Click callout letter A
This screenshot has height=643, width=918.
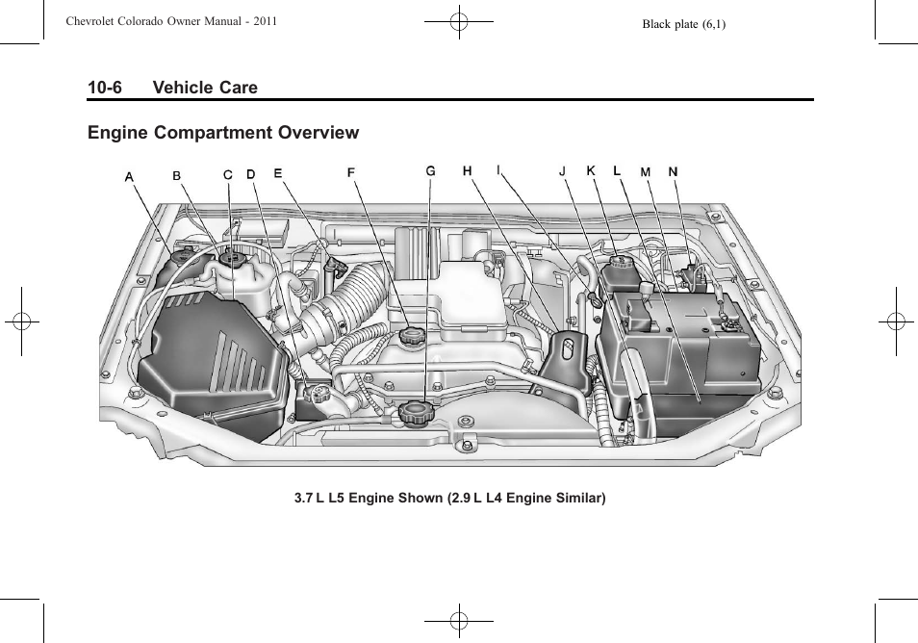point(129,176)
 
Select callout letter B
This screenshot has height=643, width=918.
point(176,176)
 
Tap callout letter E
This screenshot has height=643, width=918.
point(278,174)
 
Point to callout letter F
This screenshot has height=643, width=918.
point(351,173)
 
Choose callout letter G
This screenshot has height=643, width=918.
point(431,171)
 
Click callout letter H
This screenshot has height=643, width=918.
point(467,171)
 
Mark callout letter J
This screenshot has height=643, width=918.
point(562,172)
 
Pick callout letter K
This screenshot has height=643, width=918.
point(591,171)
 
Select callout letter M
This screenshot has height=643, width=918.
point(646,172)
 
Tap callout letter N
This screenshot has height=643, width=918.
point(674,172)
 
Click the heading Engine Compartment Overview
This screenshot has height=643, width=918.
point(223,133)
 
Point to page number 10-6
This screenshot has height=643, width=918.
point(105,88)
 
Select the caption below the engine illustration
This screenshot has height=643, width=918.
point(450,499)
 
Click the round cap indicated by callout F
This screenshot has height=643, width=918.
point(412,337)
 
